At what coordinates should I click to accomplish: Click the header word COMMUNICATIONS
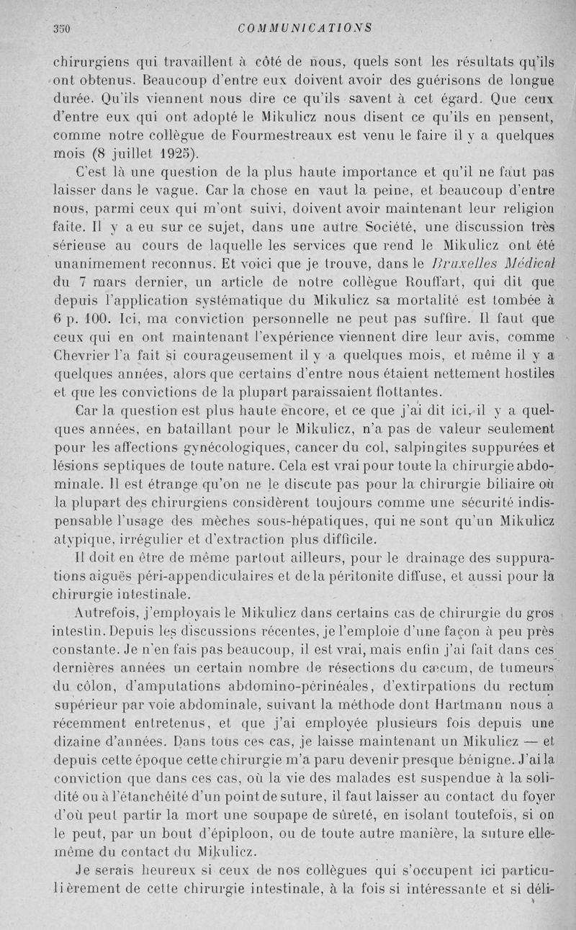(304, 29)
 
